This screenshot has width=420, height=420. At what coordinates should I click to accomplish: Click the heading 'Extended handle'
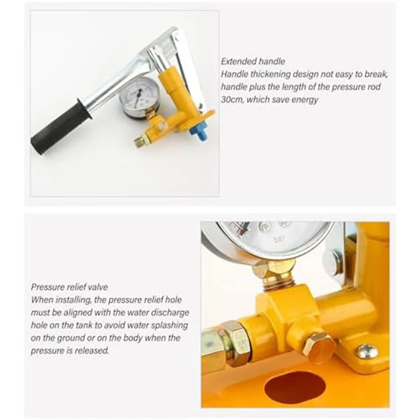(253, 62)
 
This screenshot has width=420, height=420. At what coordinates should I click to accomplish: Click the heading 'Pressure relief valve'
(69, 287)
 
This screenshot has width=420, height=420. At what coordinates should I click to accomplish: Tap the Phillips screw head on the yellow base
(367, 351)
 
